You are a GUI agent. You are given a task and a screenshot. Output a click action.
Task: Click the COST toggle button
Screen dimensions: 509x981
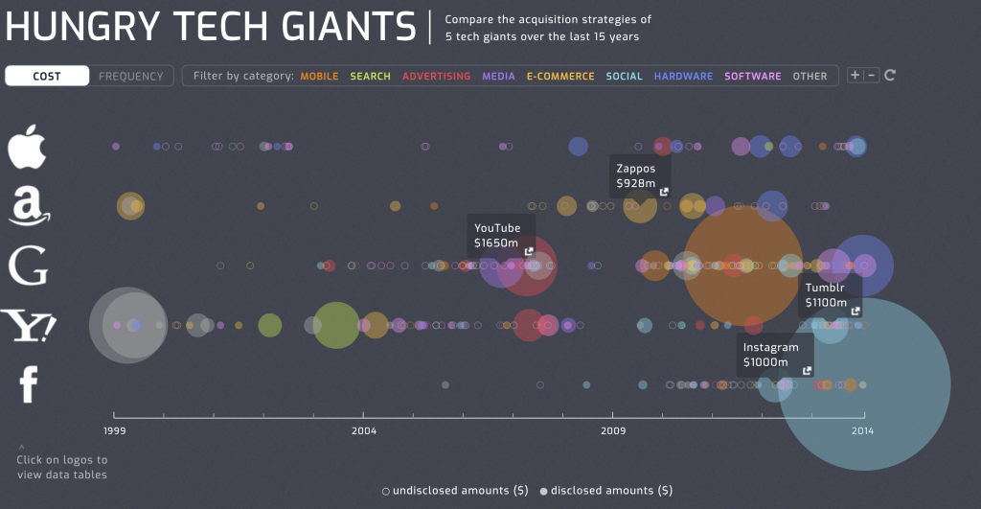[47, 76]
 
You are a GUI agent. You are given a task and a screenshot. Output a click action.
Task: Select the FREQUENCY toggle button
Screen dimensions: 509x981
[131, 76]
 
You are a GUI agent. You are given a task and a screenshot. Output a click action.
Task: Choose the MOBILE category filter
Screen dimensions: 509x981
[319, 76]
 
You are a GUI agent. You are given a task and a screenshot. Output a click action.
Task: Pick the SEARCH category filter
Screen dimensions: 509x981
[370, 76]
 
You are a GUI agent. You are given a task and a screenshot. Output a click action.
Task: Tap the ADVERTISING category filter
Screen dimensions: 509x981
[436, 76]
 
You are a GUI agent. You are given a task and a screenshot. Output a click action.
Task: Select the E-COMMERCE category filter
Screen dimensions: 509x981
[560, 76]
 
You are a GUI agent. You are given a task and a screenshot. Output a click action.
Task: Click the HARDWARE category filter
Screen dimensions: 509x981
[683, 76]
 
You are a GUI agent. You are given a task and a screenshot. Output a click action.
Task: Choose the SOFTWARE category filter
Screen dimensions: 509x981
[753, 76]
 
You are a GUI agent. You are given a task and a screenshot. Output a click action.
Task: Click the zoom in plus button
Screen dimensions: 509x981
[855, 75]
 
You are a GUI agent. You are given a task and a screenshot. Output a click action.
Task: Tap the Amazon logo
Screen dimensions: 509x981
[29, 206]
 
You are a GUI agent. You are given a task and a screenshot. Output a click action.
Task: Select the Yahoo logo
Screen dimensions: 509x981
[29, 327]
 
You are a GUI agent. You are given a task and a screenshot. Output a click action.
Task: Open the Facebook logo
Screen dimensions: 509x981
[29, 383]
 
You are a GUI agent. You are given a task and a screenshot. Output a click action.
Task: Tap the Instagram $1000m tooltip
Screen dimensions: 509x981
[774, 355]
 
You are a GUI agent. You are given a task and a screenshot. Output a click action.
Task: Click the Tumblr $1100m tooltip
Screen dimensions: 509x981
[829, 294]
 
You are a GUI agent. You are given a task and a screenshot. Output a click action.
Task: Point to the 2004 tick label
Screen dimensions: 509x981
[363, 430]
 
